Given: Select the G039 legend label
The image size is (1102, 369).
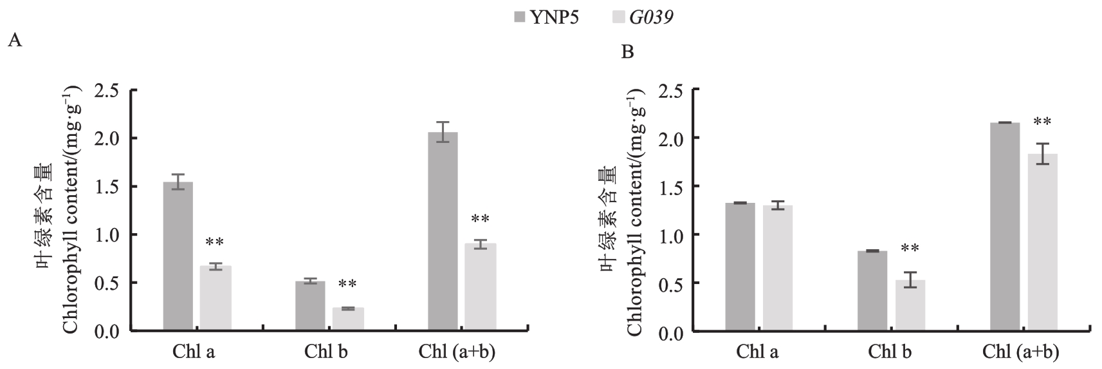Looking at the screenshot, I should [651, 18].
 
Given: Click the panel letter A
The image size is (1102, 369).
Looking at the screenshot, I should [15, 41].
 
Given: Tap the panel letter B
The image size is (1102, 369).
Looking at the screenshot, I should [627, 52].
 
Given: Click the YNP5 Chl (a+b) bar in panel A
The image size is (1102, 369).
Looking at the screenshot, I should [442, 231].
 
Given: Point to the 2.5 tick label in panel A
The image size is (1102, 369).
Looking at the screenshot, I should [107, 91].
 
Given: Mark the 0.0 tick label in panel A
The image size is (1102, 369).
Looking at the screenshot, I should [107, 331].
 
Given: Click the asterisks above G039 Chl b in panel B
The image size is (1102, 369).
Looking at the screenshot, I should [910, 249].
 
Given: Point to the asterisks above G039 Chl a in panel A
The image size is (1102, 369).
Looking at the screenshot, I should [215, 243].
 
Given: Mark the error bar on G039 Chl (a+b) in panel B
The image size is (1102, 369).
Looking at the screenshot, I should [1042, 154].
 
